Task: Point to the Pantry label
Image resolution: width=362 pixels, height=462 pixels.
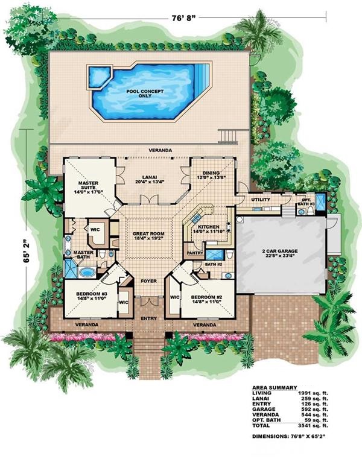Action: (x=194, y=253)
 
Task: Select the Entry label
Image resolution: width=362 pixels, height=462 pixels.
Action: (x=148, y=317)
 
